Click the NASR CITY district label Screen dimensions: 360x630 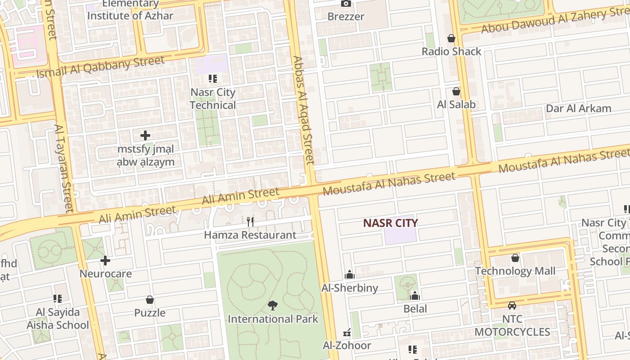coord(390,223)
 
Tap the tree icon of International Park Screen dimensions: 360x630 coord(272,306)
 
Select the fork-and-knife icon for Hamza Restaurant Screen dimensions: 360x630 coord(250,221)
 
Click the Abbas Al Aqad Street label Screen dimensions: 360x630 coord(303,110)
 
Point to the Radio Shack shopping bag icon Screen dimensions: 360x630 coord(451,39)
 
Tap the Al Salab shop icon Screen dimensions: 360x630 coord(456,91)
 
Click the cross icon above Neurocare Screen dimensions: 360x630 coord(105,261)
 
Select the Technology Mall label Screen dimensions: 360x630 coord(515,271)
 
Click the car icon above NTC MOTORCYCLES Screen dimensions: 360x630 coord(512,306)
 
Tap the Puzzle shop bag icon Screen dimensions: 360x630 coord(150,300)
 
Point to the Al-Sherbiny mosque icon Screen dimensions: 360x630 coord(350,274)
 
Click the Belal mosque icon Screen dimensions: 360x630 coord(415,296)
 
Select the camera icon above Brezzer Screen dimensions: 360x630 coord(346,4)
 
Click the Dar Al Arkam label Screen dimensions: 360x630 coord(578,108)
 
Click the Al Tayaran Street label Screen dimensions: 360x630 coord(63,169)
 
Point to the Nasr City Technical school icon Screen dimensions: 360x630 coord(213,79)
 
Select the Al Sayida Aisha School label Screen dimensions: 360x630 coord(58,319)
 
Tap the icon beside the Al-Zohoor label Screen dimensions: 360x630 coord(347,333)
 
